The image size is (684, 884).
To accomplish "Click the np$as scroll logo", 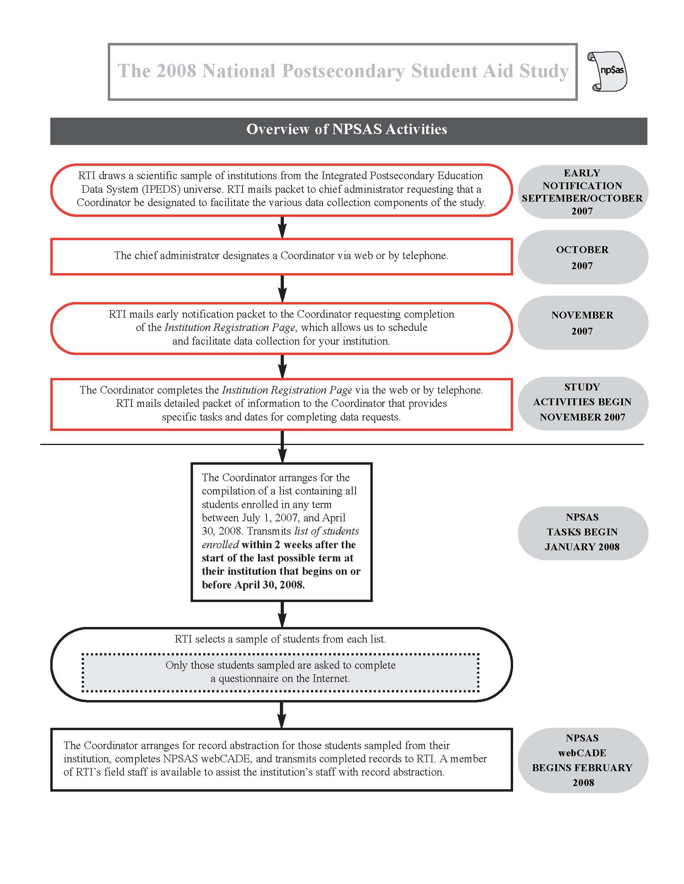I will tap(607, 71).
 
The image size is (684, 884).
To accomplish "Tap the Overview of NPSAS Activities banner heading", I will tap(347, 129).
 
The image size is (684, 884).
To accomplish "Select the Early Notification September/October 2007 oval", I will tap(582, 192).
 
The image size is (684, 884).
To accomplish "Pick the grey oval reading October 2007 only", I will tap(582, 257).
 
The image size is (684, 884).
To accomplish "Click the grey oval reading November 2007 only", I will tap(582, 323).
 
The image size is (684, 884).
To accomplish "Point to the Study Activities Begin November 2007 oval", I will tap(582, 402).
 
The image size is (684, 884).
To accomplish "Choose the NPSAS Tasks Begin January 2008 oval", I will tap(582, 532).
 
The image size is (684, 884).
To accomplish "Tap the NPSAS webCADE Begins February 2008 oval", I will tap(582, 760).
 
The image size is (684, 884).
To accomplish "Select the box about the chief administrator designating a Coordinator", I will tap(281, 256).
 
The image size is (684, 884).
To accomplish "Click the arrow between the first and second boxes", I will tap(282, 227).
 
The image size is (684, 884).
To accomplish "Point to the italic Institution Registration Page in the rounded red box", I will tap(229, 327).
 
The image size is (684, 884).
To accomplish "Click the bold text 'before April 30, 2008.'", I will tap(253, 585).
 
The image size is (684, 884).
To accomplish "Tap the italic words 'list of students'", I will tap(327, 531).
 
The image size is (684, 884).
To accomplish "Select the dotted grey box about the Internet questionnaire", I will tap(280, 672).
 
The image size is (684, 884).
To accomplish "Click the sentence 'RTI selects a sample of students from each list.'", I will tap(280, 639).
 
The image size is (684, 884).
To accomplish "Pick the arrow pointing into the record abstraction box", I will tap(282, 715).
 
